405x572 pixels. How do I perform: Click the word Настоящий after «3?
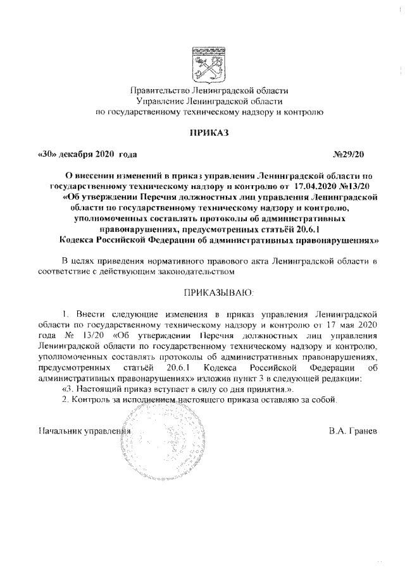97,389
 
